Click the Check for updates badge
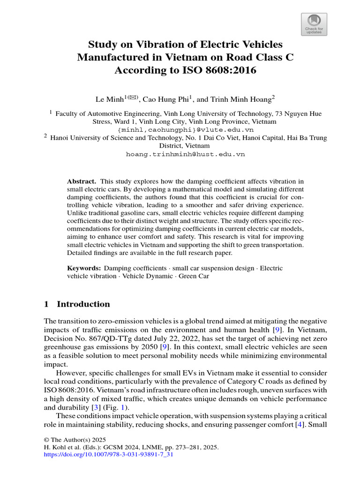pyautogui.click(x=314, y=24)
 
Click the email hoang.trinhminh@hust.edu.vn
pyautogui.click(x=186, y=154)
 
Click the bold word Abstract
pyautogui.click(x=82, y=181)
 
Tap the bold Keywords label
pyautogui.click(x=84, y=268)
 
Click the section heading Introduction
pyautogui.click(x=83, y=304)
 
